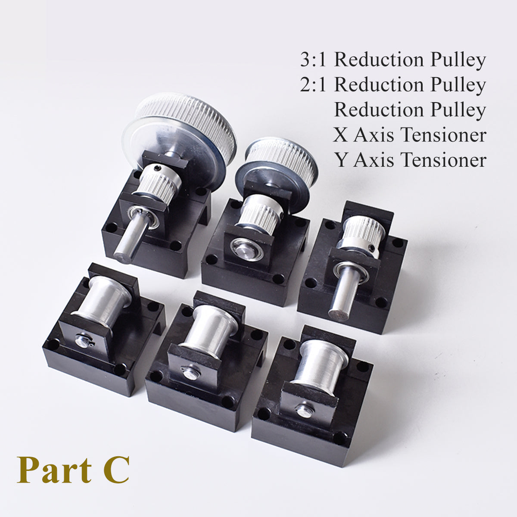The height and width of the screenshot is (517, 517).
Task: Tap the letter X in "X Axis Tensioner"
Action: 341,135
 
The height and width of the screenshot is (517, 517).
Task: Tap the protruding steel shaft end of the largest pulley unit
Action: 125,250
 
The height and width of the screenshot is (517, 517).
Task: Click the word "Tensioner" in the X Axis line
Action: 443,135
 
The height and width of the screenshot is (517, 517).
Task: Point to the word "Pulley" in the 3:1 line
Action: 459,60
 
